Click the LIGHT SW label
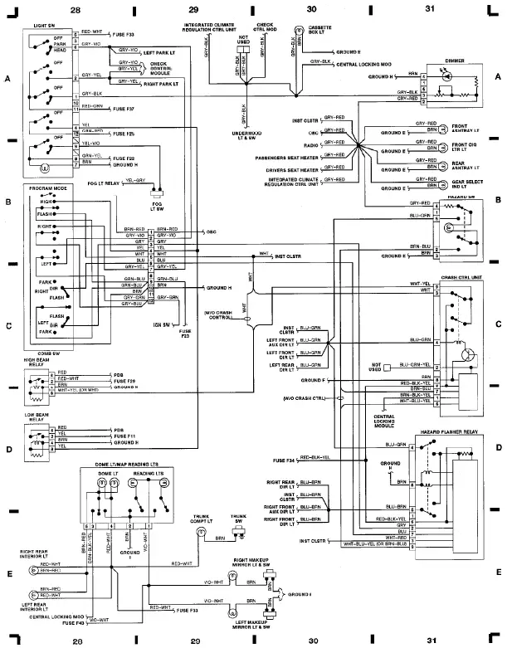tap(45, 27)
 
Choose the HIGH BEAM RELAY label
tap(37, 363)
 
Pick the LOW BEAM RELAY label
tap(38, 417)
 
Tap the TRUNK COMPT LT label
tap(199, 519)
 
